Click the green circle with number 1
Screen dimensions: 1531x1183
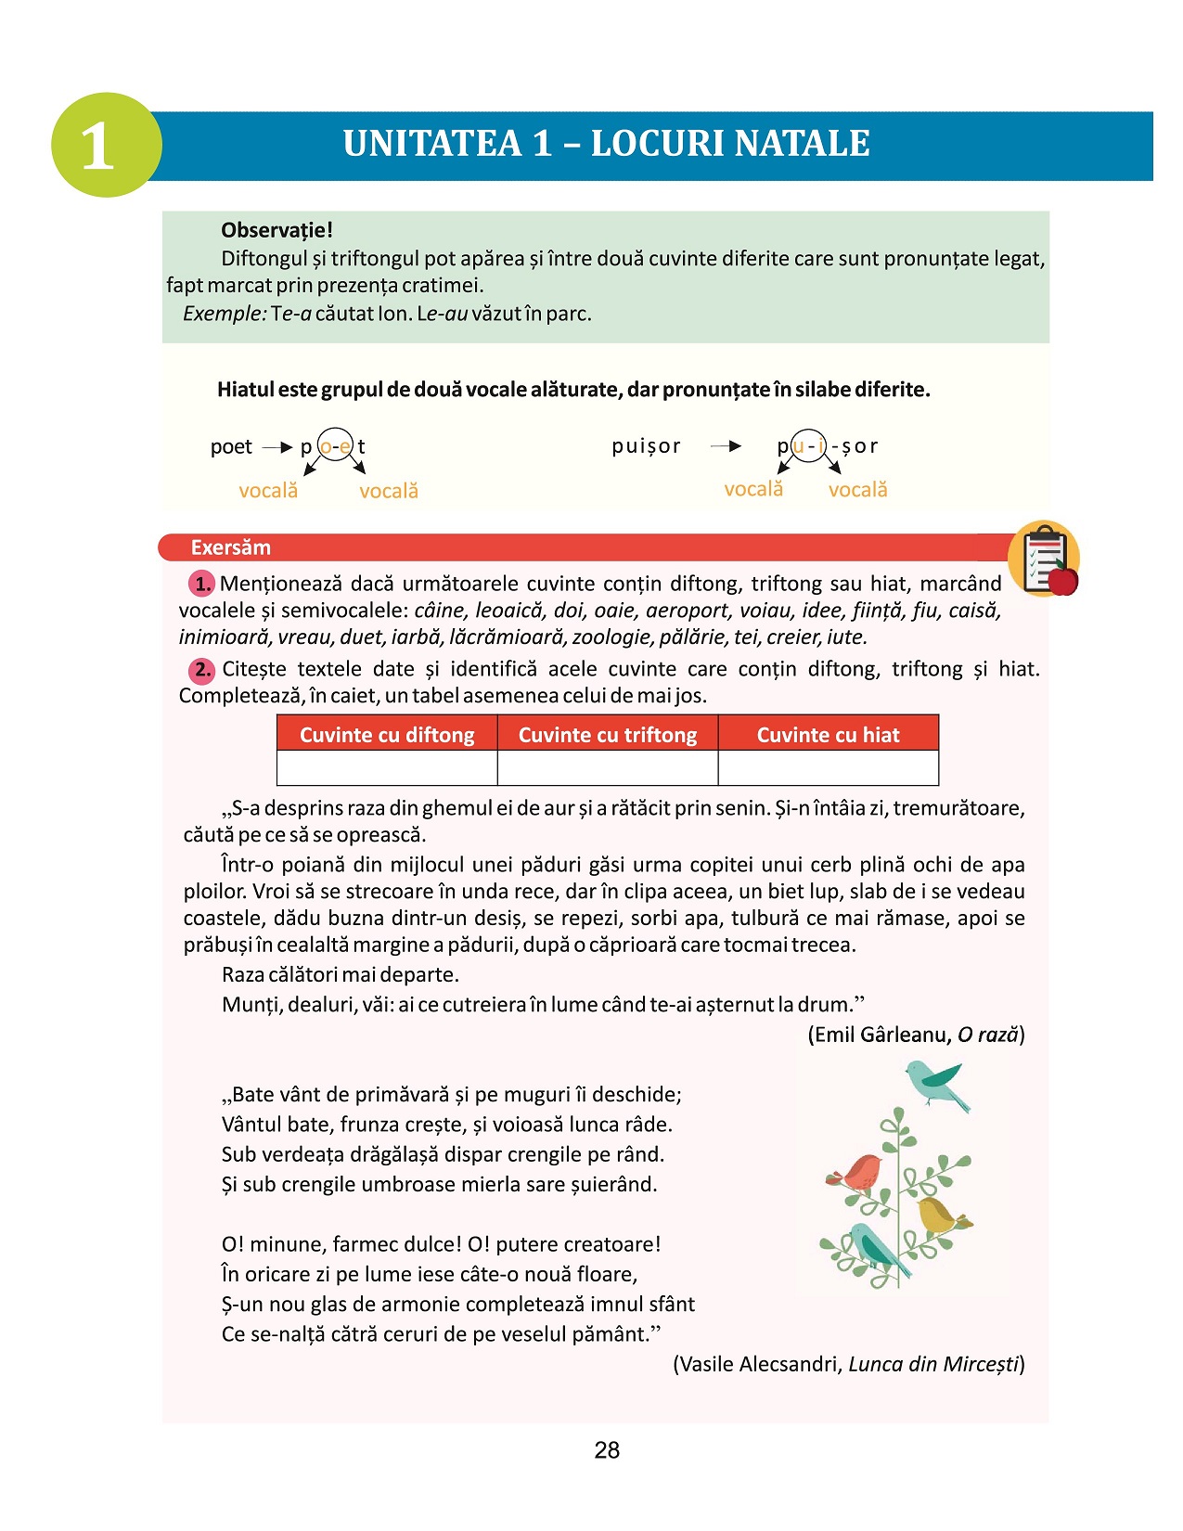(x=107, y=145)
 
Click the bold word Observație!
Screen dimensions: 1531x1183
(x=276, y=230)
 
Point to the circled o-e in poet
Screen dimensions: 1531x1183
(x=335, y=446)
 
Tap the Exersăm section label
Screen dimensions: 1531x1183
(x=230, y=547)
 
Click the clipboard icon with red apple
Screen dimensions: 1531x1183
(x=1045, y=559)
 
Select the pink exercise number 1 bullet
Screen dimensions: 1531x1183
(x=201, y=584)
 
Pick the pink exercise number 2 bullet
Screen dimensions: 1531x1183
(x=201, y=669)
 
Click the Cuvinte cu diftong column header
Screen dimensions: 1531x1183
(x=387, y=734)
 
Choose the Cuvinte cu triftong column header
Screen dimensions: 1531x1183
(x=608, y=734)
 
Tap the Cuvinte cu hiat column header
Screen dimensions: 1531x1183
(x=829, y=734)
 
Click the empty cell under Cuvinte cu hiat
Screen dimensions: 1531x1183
(x=829, y=768)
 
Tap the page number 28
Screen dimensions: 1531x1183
(x=607, y=1450)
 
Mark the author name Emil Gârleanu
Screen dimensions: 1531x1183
(x=880, y=1035)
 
